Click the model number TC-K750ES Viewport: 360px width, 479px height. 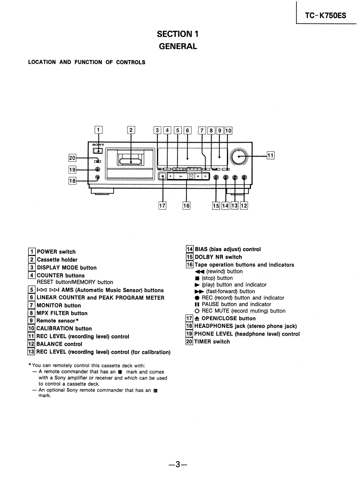tap(325, 16)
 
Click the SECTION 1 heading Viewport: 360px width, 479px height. tap(178, 34)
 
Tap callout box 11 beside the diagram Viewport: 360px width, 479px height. tap(270, 155)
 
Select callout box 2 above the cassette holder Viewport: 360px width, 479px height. tap(131, 130)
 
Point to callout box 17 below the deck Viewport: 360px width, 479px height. tap(162, 205)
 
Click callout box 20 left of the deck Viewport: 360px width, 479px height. tap(72, 158)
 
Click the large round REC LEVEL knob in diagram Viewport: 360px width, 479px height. tap(240, 157)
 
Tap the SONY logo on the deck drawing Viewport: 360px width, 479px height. tap(98, 145)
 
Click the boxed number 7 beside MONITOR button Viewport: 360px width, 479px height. tap(32, 305)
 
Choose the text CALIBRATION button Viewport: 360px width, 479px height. tap(64, 329)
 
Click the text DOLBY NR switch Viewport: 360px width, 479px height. tap(218, 257)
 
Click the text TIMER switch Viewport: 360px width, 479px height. tap(212, 342)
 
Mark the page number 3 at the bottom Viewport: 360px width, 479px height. tap(178, 465)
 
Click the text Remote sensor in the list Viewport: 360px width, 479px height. tap(56, 321)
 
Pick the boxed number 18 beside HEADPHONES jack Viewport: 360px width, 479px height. tap(190, 326)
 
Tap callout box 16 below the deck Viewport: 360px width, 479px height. tap(186, 205)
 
